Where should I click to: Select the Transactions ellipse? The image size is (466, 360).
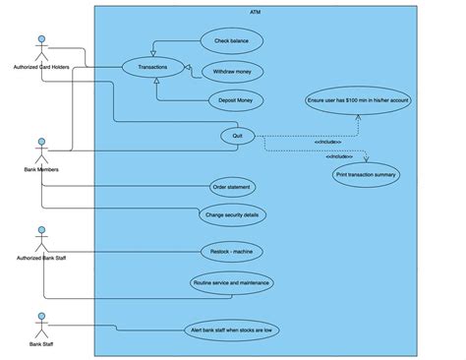tap(153, 68)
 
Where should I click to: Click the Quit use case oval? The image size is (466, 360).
tap(237, 136)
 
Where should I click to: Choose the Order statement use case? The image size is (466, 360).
tap(231, 187)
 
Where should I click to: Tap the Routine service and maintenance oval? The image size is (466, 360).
tap(231, 281)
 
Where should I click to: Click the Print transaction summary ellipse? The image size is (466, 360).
tap(366, 175)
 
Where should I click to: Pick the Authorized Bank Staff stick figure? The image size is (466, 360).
tap(41, 239)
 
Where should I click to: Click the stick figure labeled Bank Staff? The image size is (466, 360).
tap(41, 326)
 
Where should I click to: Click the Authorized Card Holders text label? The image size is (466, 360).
tap(42, 67)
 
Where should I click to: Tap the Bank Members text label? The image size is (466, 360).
tap(41, 170)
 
